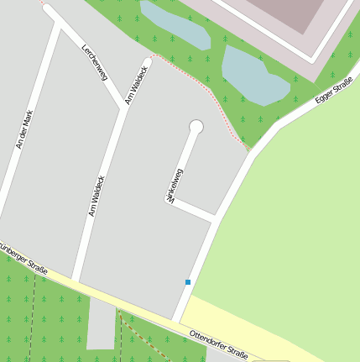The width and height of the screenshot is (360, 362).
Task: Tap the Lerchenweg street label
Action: [x=94, y=61]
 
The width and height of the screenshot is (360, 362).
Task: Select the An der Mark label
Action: [x=29, y=129]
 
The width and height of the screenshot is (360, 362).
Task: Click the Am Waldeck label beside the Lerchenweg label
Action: [x=137, y=84]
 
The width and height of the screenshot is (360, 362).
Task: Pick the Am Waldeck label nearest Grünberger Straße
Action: [x=97, y=195]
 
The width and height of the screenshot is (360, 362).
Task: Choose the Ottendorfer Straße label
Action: [x=218, y=344]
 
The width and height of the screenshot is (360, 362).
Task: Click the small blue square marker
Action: [x=188, y=282]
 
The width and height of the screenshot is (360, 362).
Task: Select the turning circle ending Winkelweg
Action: [x=196, y=127]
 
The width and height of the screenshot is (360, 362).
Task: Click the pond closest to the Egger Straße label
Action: [x=253, y=76]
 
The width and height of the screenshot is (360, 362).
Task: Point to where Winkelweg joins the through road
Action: [x=217, y=218]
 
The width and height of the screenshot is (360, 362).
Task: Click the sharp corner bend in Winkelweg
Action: [x=170, y=201]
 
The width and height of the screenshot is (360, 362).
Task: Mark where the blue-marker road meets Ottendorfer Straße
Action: [x=176, y=320]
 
